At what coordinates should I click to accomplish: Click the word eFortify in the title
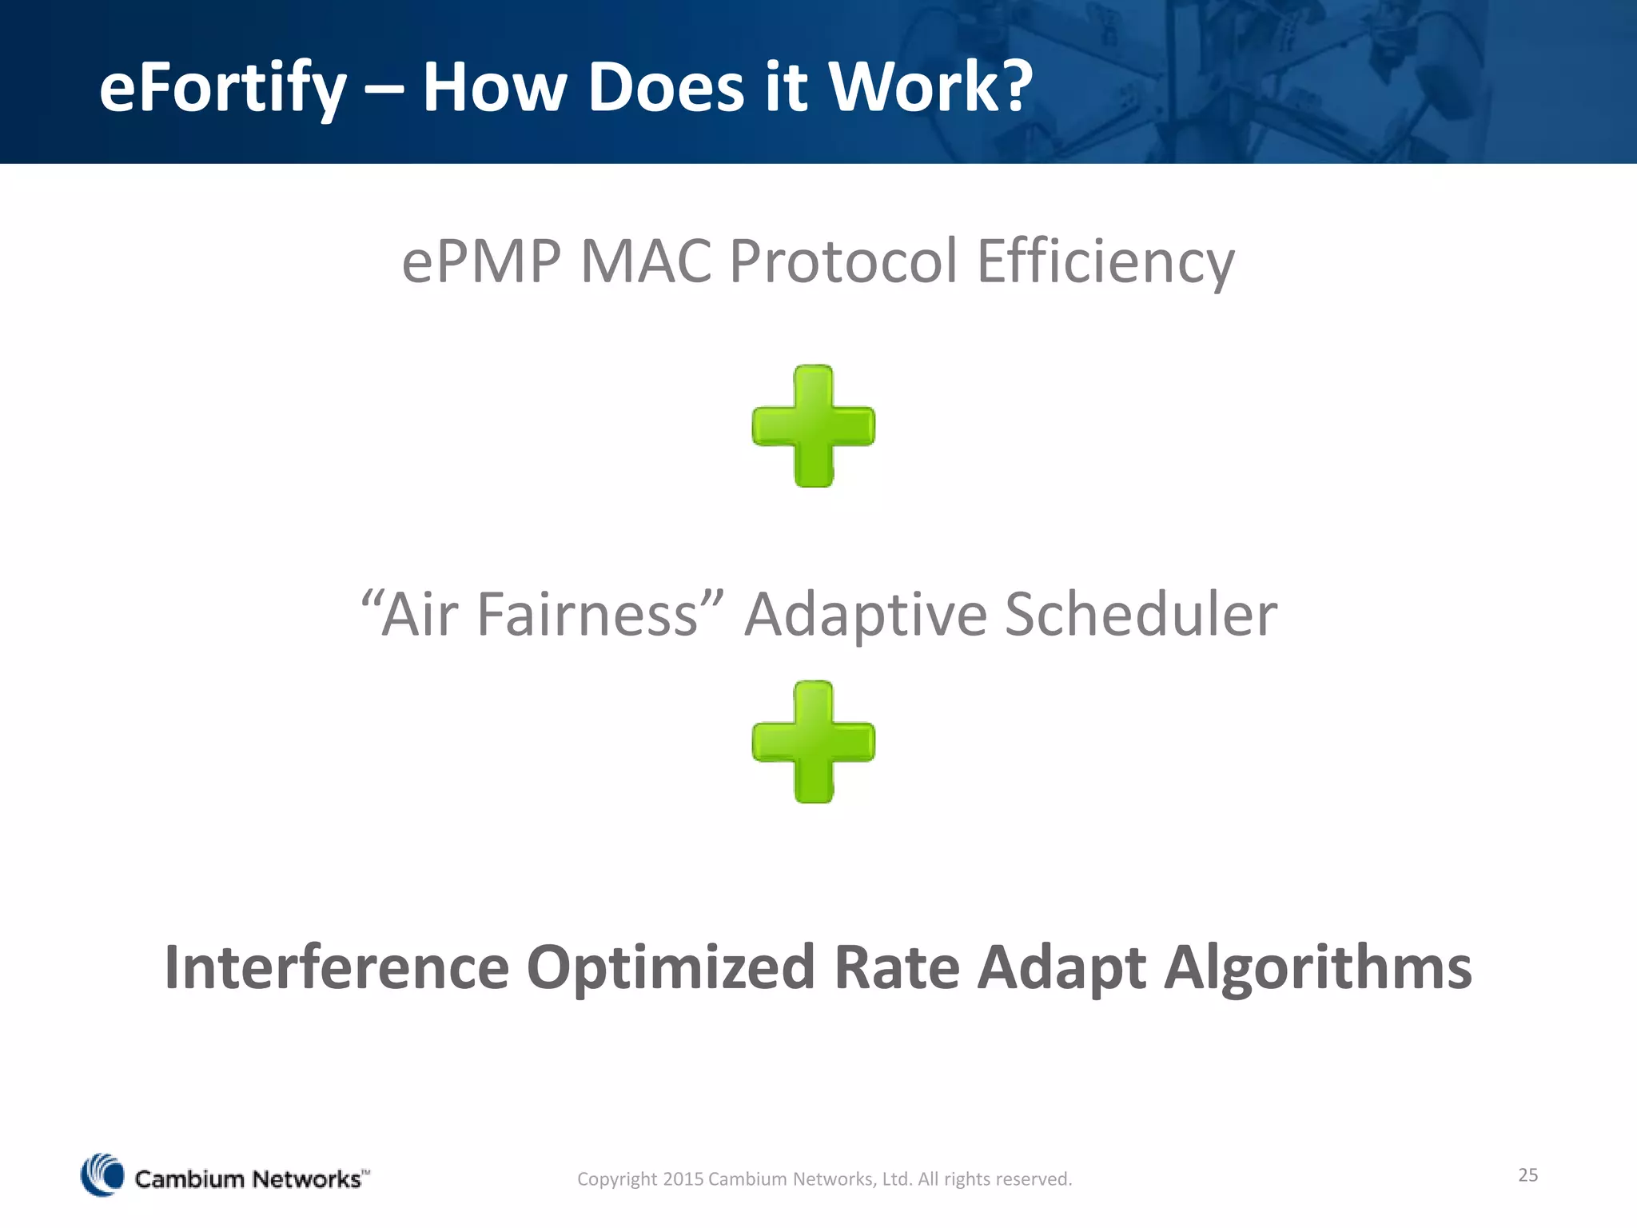coord(222,88)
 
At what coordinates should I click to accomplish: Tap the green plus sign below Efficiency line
coord(814,426)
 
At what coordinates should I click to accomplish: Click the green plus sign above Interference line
coord(814,742)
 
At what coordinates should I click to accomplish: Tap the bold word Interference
coord(337,967)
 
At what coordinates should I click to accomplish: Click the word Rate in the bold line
coord(896,967)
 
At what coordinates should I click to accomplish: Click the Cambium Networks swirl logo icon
coord(103,1174)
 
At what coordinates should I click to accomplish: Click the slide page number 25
coord(1527,1174)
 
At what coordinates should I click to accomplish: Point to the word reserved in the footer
coord(1036,1179)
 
